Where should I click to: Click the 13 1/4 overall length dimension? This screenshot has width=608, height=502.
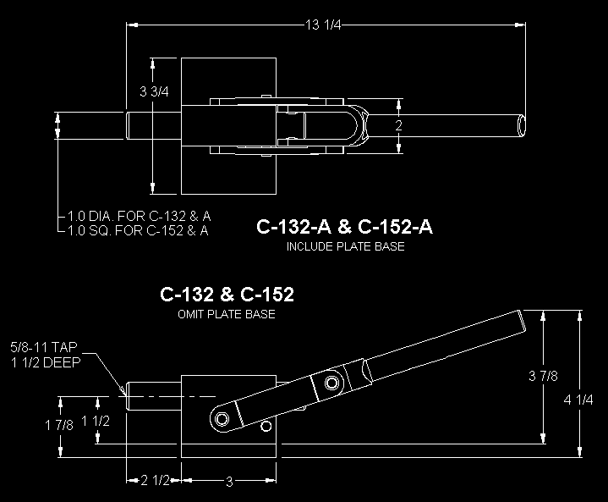click(x=323, y=25)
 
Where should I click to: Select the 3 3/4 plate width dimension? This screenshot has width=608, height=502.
click(x=154, y=91)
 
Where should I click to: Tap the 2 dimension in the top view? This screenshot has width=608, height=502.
click(x=398, y=125)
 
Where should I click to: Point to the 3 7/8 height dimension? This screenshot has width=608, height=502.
click(x=543, y=376)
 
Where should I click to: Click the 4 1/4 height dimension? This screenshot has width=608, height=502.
click(x=578, y=400)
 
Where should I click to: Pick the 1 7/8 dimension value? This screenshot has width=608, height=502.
click(x=59, y=426)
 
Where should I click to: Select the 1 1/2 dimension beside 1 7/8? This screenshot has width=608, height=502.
click(x=96, y=422)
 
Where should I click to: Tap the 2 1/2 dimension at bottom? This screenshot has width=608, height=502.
click(x=155, y=481)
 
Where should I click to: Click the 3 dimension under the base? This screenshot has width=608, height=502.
click(x=229, y=482)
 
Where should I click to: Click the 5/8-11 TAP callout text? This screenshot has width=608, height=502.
click(x=44, y=347)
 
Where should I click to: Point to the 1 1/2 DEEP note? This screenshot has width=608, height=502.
click(x=46, y=362)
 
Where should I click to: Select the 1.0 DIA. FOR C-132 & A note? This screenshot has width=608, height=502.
click(x=140, y=216)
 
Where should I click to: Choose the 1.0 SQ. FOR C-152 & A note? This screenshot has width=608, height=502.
click(x=138, y=230)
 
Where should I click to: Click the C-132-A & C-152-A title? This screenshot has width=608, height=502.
click(x=344, y=227)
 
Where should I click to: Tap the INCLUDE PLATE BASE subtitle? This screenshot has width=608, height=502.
click(x=346, y=246)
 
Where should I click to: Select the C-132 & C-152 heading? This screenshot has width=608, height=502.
click(x=227, y=295)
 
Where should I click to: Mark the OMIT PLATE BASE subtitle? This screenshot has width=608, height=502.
click(x=227, y=314)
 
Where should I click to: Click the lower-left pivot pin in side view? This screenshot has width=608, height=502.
click(x=222, y=419)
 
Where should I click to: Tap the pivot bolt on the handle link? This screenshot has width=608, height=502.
click(x=331, y=383)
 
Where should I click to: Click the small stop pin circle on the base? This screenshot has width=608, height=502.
click(x=266, y=427)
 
